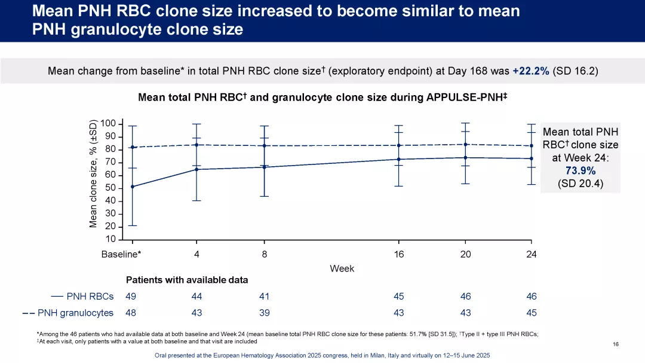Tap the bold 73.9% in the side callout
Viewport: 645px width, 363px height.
pos(580,171)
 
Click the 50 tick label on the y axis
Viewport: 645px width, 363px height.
pos(110,188)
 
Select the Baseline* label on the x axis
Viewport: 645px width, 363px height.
pos(121,254)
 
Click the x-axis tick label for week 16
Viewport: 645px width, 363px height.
pos(399,254)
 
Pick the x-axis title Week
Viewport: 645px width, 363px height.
pos(342,269)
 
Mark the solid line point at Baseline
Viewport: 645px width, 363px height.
pos(132,187)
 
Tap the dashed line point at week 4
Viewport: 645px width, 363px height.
pos(196,145)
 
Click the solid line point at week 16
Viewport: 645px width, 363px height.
pos(399,159)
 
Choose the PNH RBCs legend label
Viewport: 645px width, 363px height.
pos(90,296)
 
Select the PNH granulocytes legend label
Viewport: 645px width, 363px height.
pos(75,312)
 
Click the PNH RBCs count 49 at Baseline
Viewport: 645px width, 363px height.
pos(131,296)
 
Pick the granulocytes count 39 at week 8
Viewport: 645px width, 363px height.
pos(265,312)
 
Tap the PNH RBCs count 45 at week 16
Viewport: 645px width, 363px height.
pos(399,296)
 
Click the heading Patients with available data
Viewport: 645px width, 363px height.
pos(187,280)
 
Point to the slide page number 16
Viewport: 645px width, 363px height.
pos(616,344)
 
